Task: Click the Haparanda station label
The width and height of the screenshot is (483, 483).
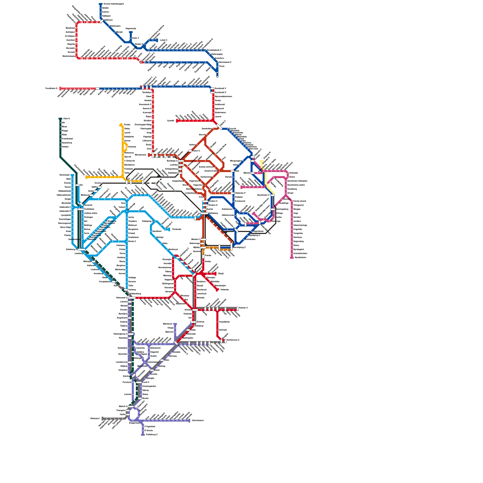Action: click(x=131, y=29)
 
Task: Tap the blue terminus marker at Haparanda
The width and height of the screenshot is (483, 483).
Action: click(x=131, y=32)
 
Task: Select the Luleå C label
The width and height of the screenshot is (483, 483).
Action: click(x=163, y=40)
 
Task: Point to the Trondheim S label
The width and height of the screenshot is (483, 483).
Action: click(x=51, y=88)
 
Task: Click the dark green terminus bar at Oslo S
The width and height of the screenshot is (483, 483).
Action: click(x=60, y=119)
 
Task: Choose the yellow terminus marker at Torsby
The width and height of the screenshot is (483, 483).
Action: click(x=121, y=124)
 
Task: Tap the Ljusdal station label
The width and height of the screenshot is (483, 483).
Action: click(x=171, y=121)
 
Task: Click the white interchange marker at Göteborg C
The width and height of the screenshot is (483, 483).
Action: click(x=81, y=250)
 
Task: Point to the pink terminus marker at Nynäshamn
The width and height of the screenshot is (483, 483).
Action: click(x=292, y=257)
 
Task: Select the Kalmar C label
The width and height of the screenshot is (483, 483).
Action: click(x=243, y=308)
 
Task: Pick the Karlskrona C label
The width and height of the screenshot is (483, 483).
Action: click(x=233, y=340)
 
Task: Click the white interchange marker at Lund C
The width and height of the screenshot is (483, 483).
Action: click(x=139, y=382)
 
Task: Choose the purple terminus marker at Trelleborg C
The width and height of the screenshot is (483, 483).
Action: click(x=143, y=435)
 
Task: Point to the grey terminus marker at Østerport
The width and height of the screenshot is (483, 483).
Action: click(x=103, y=418)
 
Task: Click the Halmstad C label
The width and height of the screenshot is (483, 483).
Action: click(x=122, y=298)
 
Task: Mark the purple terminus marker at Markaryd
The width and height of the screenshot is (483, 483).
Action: click(x=175, y=324)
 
